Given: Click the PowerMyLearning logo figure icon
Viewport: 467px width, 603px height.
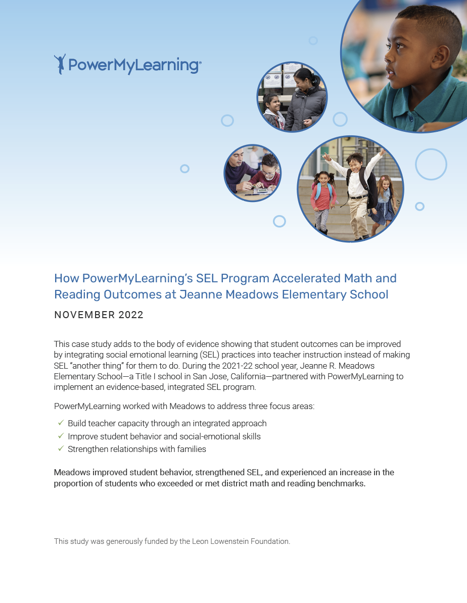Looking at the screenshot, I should click(x=60, y=64).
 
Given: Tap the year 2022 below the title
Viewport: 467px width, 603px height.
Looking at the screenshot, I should click(x=131, y=315).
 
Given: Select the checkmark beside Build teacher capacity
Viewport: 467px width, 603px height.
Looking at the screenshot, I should click(x=61, y=423).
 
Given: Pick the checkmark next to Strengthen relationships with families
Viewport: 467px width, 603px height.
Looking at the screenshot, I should click(x=61, y=448).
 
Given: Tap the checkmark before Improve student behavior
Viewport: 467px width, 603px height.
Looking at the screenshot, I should click(x=61, y=436).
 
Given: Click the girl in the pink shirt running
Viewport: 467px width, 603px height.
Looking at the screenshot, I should click(x=322, y=199).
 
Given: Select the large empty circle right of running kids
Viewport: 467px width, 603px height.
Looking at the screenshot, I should click(x=431, y=164).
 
